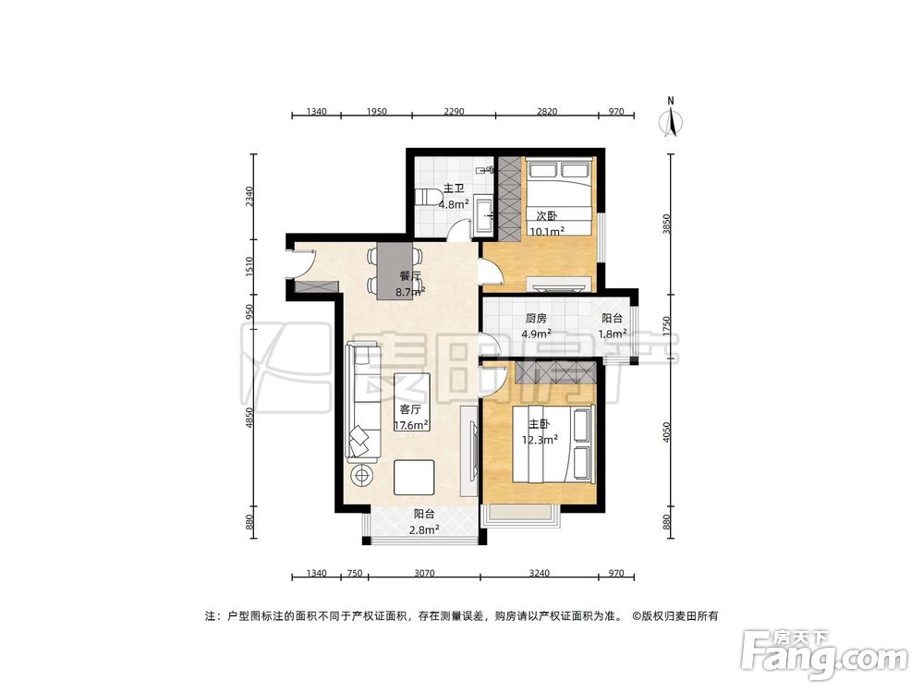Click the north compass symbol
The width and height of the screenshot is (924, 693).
(x=672, y=120)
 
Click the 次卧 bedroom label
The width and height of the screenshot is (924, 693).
(x=544, y=216)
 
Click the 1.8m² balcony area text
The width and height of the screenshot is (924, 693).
(x=613, y=334)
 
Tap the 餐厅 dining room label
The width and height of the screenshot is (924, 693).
(x=410, y=275)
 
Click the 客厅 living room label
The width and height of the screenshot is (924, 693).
(x=411, y=408)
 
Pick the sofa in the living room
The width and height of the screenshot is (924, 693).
(x=361, y=402)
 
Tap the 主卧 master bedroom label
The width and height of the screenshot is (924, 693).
(x=539, y=425)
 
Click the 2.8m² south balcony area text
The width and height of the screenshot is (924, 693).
(x=425, y=529)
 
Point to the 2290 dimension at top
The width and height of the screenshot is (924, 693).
(x=453, y=112)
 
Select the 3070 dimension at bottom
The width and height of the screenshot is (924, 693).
(x=424, y=574)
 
